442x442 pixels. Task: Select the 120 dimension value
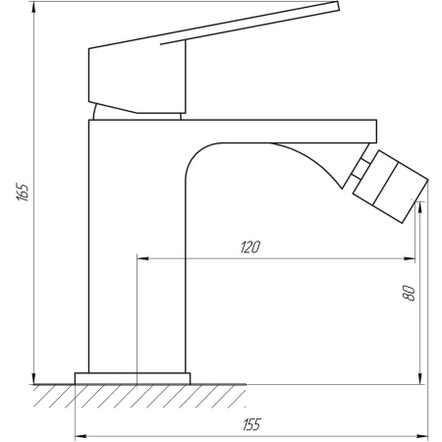click(249, 249)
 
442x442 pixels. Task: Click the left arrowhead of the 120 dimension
click(140, 259)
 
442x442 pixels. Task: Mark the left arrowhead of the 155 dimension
click(81, 433)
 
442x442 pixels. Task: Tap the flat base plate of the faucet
click(133, 377)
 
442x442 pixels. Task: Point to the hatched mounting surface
click(138, 395)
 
